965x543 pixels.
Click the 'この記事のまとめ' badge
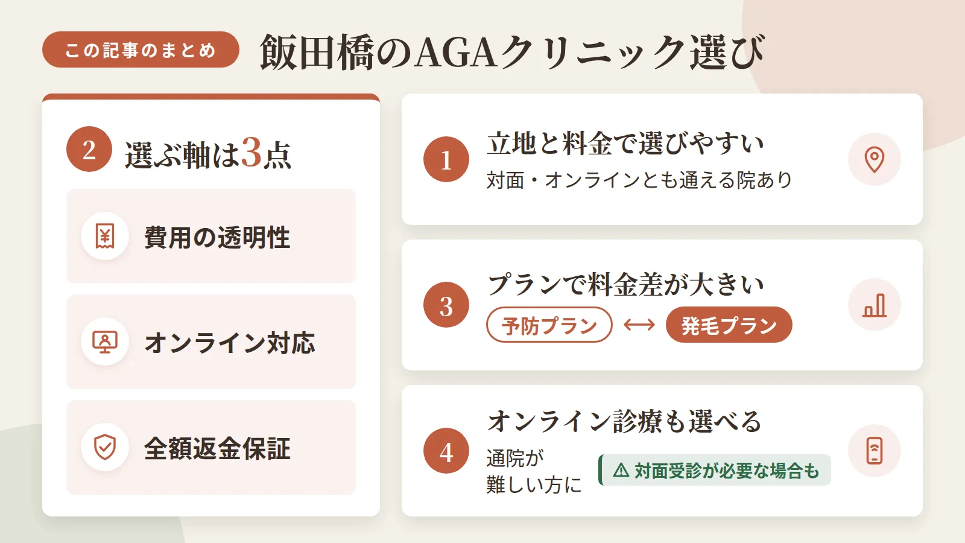point(141,49)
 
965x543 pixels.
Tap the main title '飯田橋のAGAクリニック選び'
point(512,52)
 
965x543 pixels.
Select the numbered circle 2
point(89,149)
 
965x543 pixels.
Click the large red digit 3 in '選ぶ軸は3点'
point(251,153)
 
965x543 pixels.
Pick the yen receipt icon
point(105,236)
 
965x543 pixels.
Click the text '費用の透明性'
point(217,237)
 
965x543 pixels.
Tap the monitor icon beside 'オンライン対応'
point(105,341)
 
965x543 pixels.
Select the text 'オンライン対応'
point(230,343)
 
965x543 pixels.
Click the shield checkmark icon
point(105,447)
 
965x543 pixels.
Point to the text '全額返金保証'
point(217,449)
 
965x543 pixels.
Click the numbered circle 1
point(446,159)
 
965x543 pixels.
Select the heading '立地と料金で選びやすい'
point(625,144)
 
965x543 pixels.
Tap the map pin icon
point(875,159)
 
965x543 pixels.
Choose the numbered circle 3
point(446,305)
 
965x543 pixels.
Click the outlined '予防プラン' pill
point(549,325)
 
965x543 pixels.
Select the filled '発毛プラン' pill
point(729,325)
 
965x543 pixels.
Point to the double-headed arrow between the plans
point(639,325)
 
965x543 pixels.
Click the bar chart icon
point(875,305)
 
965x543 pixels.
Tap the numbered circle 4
point(446,451)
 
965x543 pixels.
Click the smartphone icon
point(875,451)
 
